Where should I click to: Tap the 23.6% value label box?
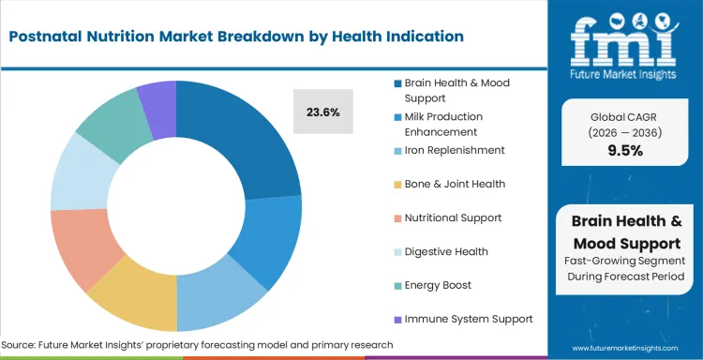(322, 112)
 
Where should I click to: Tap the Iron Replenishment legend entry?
(454, 150)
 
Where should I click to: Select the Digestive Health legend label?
(445, 251)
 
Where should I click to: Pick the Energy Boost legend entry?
(438, 285)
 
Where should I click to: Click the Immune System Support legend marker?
(397, 320)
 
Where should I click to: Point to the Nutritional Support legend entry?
(452, 217)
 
